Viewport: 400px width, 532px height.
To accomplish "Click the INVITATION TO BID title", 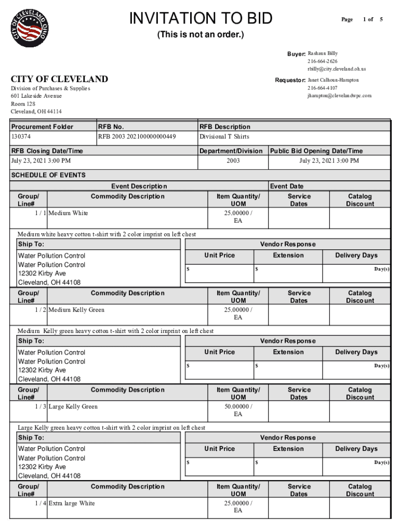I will point(201,19).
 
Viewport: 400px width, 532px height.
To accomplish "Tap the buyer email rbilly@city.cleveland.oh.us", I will point(337,69).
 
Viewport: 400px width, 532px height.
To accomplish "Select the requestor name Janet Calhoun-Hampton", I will point(333,80).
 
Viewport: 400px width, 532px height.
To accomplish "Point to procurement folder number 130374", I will point(21,137).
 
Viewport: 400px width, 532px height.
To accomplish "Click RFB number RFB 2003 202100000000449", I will point(137,137).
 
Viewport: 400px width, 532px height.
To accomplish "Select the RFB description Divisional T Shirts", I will point(224,137).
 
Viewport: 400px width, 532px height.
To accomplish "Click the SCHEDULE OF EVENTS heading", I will point(48,175).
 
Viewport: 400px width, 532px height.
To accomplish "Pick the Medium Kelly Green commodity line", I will point(76,310).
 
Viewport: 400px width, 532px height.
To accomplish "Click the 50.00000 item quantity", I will point(238,406).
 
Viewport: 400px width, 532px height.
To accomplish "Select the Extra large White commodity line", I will point(72,503).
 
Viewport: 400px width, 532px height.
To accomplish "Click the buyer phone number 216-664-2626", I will point(322,61).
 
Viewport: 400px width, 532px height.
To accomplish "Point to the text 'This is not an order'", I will point(201,35).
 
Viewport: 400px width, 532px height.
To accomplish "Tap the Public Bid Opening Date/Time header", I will point(316,151).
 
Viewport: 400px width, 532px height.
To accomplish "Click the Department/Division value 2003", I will point(233,161).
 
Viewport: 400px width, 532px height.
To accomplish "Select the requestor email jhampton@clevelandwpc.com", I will point(339,96).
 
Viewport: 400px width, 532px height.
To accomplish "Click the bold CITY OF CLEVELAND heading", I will point(60,79).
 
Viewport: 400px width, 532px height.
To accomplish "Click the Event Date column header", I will point(287,186).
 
